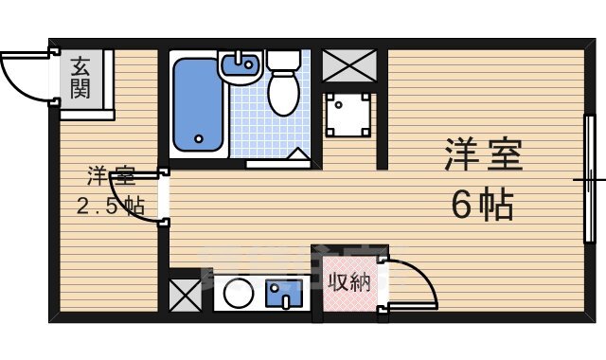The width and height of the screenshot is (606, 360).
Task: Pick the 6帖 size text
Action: tap(482, 204)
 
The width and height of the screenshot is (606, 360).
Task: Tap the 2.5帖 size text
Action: tap(110, 207)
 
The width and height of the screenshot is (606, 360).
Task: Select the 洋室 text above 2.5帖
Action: tap(110, 176)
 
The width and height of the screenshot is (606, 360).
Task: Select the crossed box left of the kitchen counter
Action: tap(185, 297)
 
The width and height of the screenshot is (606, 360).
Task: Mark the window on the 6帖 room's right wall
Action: tap(587, 178)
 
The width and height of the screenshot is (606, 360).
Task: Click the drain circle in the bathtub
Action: tap(200, 139)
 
